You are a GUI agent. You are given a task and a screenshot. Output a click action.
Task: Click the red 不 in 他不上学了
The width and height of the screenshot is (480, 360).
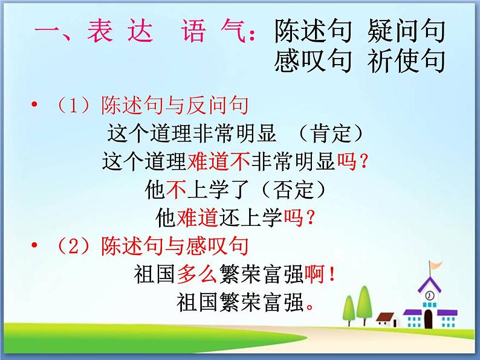174,190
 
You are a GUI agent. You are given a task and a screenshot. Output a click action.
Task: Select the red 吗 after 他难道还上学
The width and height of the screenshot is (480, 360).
294,217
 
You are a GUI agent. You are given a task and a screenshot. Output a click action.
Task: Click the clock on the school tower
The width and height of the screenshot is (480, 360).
429,296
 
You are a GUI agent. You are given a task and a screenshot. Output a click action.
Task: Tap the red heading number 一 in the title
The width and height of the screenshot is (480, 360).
47,30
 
